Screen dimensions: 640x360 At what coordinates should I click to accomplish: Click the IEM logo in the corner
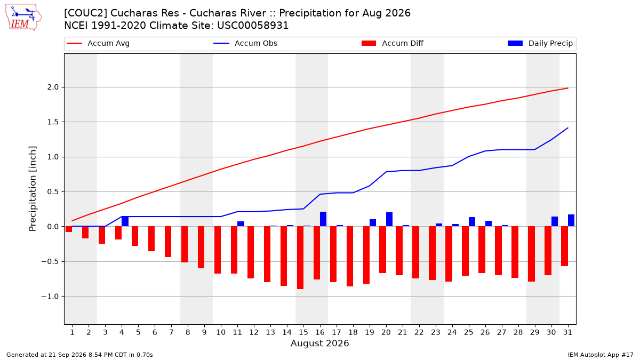(23, 17)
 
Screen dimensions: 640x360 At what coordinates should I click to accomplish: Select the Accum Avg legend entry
(98, 43)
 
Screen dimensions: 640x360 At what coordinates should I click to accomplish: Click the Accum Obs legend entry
(245, 43)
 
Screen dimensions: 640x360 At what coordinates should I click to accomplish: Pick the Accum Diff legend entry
(393, 43)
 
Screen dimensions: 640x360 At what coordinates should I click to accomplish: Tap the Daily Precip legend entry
(540, 43)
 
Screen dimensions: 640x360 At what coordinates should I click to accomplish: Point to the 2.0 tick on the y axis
(53, 87)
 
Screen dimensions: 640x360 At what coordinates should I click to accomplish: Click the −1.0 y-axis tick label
(50, 297)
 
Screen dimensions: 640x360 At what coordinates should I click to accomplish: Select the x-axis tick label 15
(303, 332)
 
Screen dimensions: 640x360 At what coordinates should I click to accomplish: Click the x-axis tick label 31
(567, 332)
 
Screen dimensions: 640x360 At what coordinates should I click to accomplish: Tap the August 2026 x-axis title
(319, 343)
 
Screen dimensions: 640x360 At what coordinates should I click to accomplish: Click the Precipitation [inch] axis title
(33, 189)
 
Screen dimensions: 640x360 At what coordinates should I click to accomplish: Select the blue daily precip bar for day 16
(323, 219)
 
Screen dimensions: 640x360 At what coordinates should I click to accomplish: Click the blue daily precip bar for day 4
(125, 221)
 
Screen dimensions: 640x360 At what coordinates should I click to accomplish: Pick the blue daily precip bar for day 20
(389, 219)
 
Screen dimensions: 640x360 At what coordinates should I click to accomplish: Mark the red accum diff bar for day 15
(300, 258)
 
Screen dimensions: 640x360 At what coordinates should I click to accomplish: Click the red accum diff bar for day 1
(69, 229)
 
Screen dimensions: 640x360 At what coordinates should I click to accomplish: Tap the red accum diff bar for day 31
(564, 246)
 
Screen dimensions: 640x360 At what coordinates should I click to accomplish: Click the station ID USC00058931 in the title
(253, 26)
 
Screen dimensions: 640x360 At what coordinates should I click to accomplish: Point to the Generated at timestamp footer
(79, 355)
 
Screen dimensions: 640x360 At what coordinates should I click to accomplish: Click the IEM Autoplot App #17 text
(601, 355)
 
